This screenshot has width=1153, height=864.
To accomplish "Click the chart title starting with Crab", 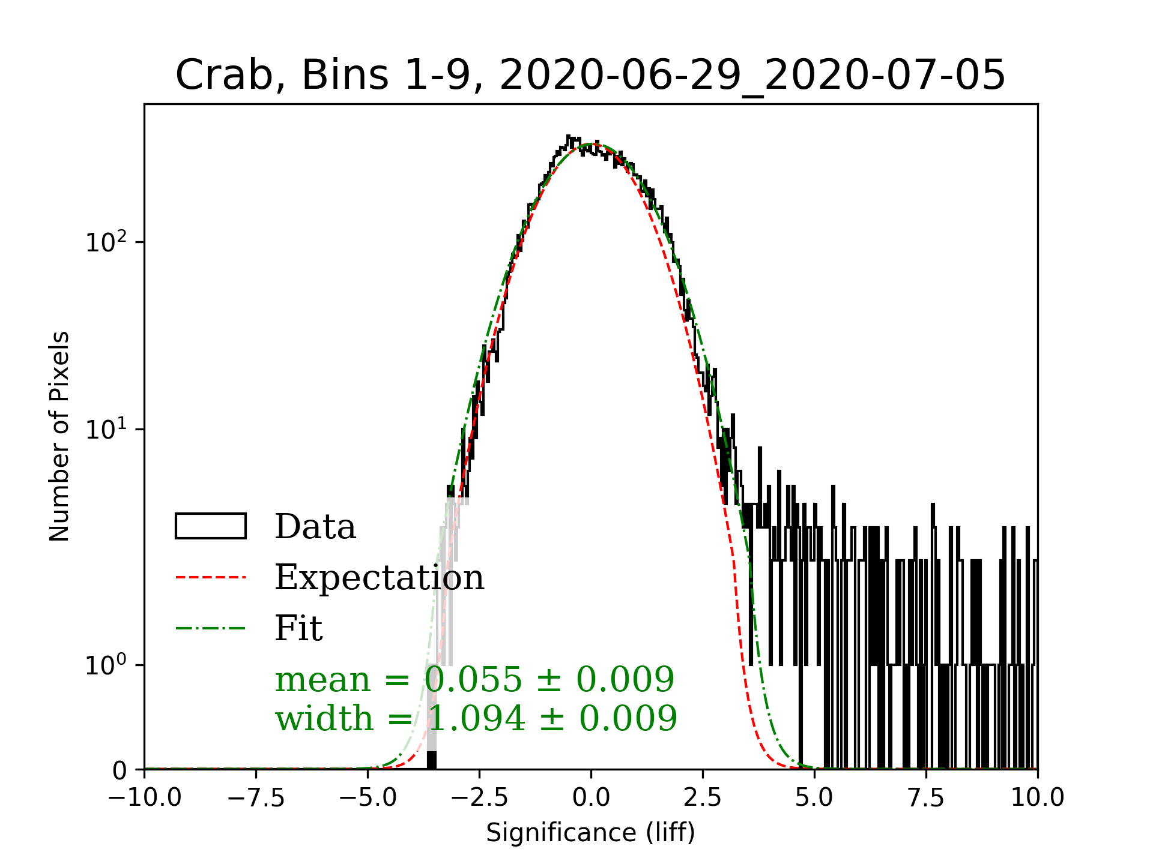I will tap(590, 76).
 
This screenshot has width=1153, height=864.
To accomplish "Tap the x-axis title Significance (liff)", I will tap(590, 833).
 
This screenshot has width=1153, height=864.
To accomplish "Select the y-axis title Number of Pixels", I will tap(59, 436).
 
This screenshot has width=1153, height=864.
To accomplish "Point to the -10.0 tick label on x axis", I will tap(145, 797).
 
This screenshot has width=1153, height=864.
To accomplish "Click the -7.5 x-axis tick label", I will tap(256, 797).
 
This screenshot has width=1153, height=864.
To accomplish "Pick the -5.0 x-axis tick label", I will tap(368, 797).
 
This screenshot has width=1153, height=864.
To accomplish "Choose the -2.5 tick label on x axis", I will tap(479, 797).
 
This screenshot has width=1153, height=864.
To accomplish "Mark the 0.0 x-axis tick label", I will tap(591, 797).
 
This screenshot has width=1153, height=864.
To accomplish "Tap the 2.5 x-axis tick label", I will tap(703, 797).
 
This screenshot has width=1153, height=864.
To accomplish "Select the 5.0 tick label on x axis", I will tap(814, 797).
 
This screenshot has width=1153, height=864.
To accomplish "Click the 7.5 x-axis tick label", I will tap(926, 797).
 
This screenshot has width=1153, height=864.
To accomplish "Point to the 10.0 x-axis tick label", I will tap(1037, 797).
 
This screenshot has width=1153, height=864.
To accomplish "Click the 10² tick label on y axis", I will tap(107, 242).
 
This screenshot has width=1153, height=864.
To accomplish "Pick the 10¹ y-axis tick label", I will tap(107, 430).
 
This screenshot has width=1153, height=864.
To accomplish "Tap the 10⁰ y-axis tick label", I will tap(107, 665).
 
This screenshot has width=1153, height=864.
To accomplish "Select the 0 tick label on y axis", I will tap(120, 770).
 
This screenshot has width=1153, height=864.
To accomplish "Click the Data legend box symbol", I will tap(211, 526).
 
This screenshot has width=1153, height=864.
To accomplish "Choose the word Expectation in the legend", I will tap(379, 577).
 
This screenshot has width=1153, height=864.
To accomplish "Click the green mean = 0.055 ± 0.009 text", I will tap(474, 680).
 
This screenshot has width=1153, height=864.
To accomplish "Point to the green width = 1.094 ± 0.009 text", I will tap(476, 718).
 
